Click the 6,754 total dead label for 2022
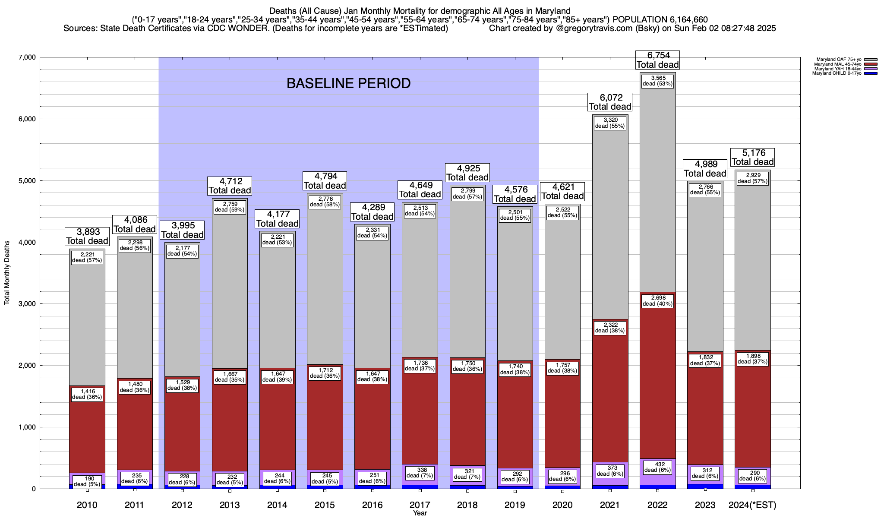pos(657,60)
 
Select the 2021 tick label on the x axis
pos(610,505)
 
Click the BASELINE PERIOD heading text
pos(348,83)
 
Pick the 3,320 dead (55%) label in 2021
pos(610,123)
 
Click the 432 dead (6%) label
pos(657,467)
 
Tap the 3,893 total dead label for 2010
pos(87,237)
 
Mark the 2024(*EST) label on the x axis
pos(752,505)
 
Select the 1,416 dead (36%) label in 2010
pos(87,394)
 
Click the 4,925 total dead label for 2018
pos(467,173)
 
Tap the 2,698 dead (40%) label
pos(657,300)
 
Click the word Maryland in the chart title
pos(555,11)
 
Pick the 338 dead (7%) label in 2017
pos(420,473)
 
